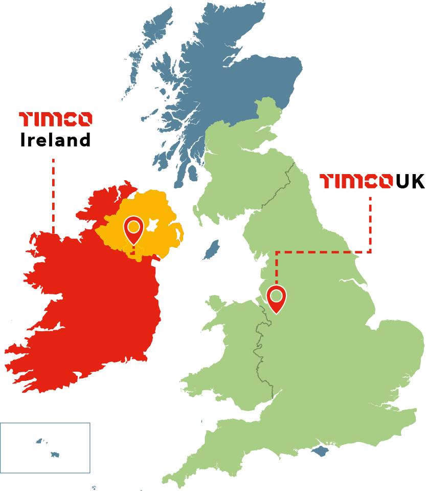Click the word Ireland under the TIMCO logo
[x=55, y=140]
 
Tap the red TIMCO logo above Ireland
[x=55, y=119]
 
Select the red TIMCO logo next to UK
[x=352, y=181]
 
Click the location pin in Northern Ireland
[x=134, y=228]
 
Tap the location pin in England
[x=277, y=297]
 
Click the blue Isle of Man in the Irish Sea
[x=211, y=249]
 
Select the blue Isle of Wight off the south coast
[x=320, y=451]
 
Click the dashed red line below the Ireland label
[x=53, y=195]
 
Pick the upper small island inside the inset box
[x=39, y=441]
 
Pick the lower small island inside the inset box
[x=55, y=454]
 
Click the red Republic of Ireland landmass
[x=92, y=307]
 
